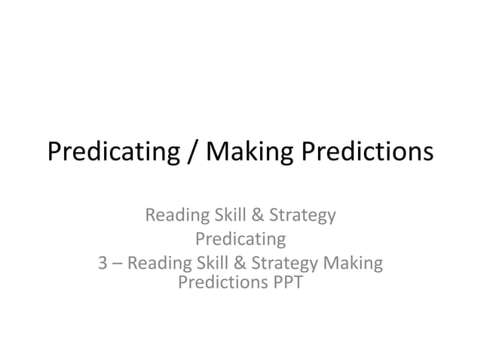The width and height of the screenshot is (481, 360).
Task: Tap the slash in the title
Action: [192, 153]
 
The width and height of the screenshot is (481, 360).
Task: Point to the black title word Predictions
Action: [367, 153]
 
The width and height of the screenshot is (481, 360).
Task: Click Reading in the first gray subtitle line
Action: [176, 216]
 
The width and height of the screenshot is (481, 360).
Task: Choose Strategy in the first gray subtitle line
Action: [299, 216]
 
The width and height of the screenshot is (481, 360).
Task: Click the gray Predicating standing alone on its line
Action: [240, 240]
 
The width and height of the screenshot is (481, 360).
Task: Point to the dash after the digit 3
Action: [118, 264]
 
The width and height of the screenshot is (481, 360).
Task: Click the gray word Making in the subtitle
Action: [353, 264]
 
